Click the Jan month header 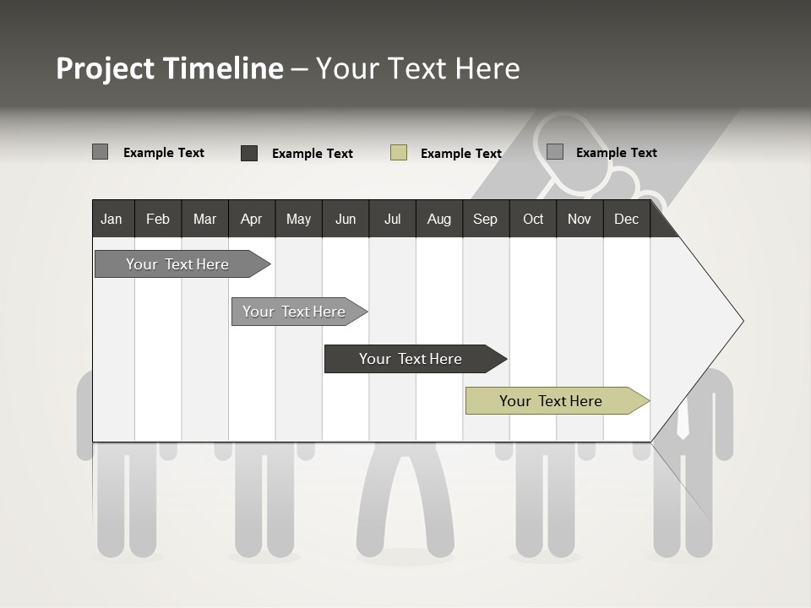[x=112, y=220]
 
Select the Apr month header [x=251, y=220]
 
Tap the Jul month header [x=392, y=220]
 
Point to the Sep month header [x=485, y=220]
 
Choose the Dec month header [x=626, y=220]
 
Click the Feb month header [x=158, y=220]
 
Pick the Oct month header [x=533, y=220]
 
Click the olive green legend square [x=399, y=153]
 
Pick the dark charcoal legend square [x=249, y=153]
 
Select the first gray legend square [x=101, y=152]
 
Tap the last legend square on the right [x=555, y=152]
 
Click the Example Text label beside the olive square [x=460, y=154]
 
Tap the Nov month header [x=580, y=220]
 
